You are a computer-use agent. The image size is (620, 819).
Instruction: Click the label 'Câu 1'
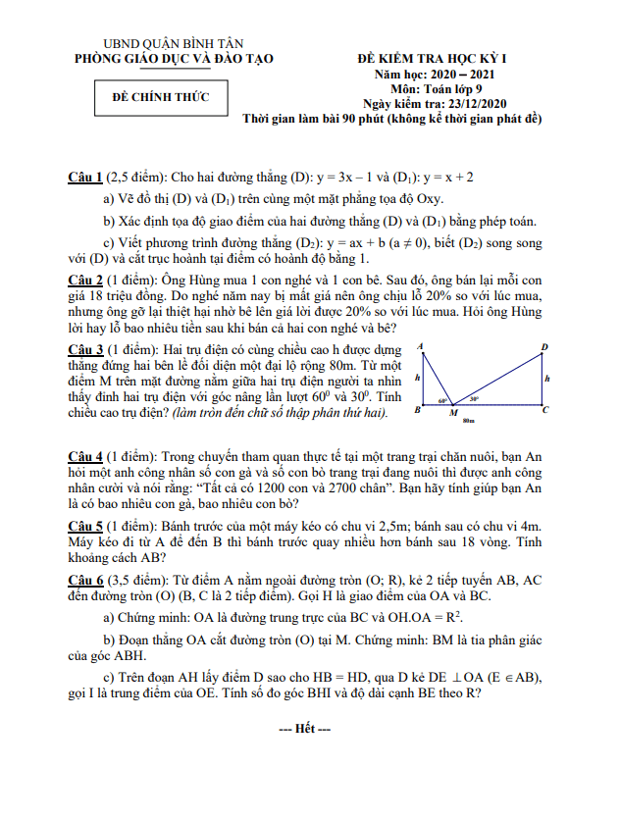[x=85, y=178]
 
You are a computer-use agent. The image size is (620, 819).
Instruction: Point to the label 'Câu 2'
[x=85, y=281]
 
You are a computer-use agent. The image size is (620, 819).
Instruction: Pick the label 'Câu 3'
[x=85, y=349]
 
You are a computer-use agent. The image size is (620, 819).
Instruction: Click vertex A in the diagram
[x=420, y=347]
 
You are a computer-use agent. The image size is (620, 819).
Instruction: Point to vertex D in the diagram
[x=544, y=347]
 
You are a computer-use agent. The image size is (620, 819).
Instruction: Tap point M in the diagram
[x=453, y=413]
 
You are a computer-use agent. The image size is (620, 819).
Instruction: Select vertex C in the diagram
[x=545, y=411]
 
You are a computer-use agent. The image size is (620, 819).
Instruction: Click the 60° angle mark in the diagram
[x=442, y=400]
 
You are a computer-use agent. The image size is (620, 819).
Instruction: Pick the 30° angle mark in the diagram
[x=474, y=399]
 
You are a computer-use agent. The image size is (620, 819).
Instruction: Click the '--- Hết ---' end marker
[x=305, y=729]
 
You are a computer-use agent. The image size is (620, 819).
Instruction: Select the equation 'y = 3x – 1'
[x=349, y=178]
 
